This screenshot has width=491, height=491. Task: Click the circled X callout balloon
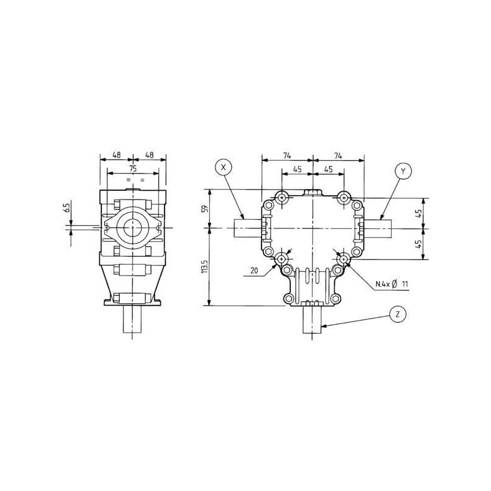223,167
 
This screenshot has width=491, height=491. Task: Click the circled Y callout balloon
403,171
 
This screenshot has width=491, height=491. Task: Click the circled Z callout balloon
398,314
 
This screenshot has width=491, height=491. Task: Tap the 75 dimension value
133,168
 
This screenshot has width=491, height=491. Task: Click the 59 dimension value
205,209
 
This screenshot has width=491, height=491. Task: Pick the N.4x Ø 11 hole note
392,284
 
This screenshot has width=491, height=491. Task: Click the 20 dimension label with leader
254,270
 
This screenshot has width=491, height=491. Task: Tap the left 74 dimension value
287,155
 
